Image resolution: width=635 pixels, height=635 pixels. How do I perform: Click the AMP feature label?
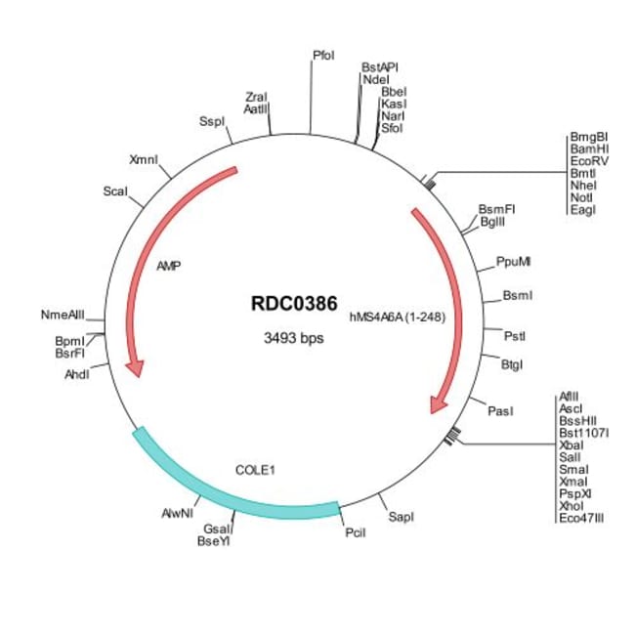click(x=169, y=265)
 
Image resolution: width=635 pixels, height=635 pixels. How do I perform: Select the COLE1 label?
click(x=256, y=469)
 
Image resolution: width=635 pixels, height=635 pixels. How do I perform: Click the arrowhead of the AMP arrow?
click(x=136, y=368)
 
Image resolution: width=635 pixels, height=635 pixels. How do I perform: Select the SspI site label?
click(x=211, y=121)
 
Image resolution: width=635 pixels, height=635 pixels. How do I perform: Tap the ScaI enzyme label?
click(x=114, y=191)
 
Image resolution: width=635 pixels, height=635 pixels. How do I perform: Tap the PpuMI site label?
click(x=514, y=262)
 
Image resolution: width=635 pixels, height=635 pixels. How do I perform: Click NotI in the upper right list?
click(x=581, y=196)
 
